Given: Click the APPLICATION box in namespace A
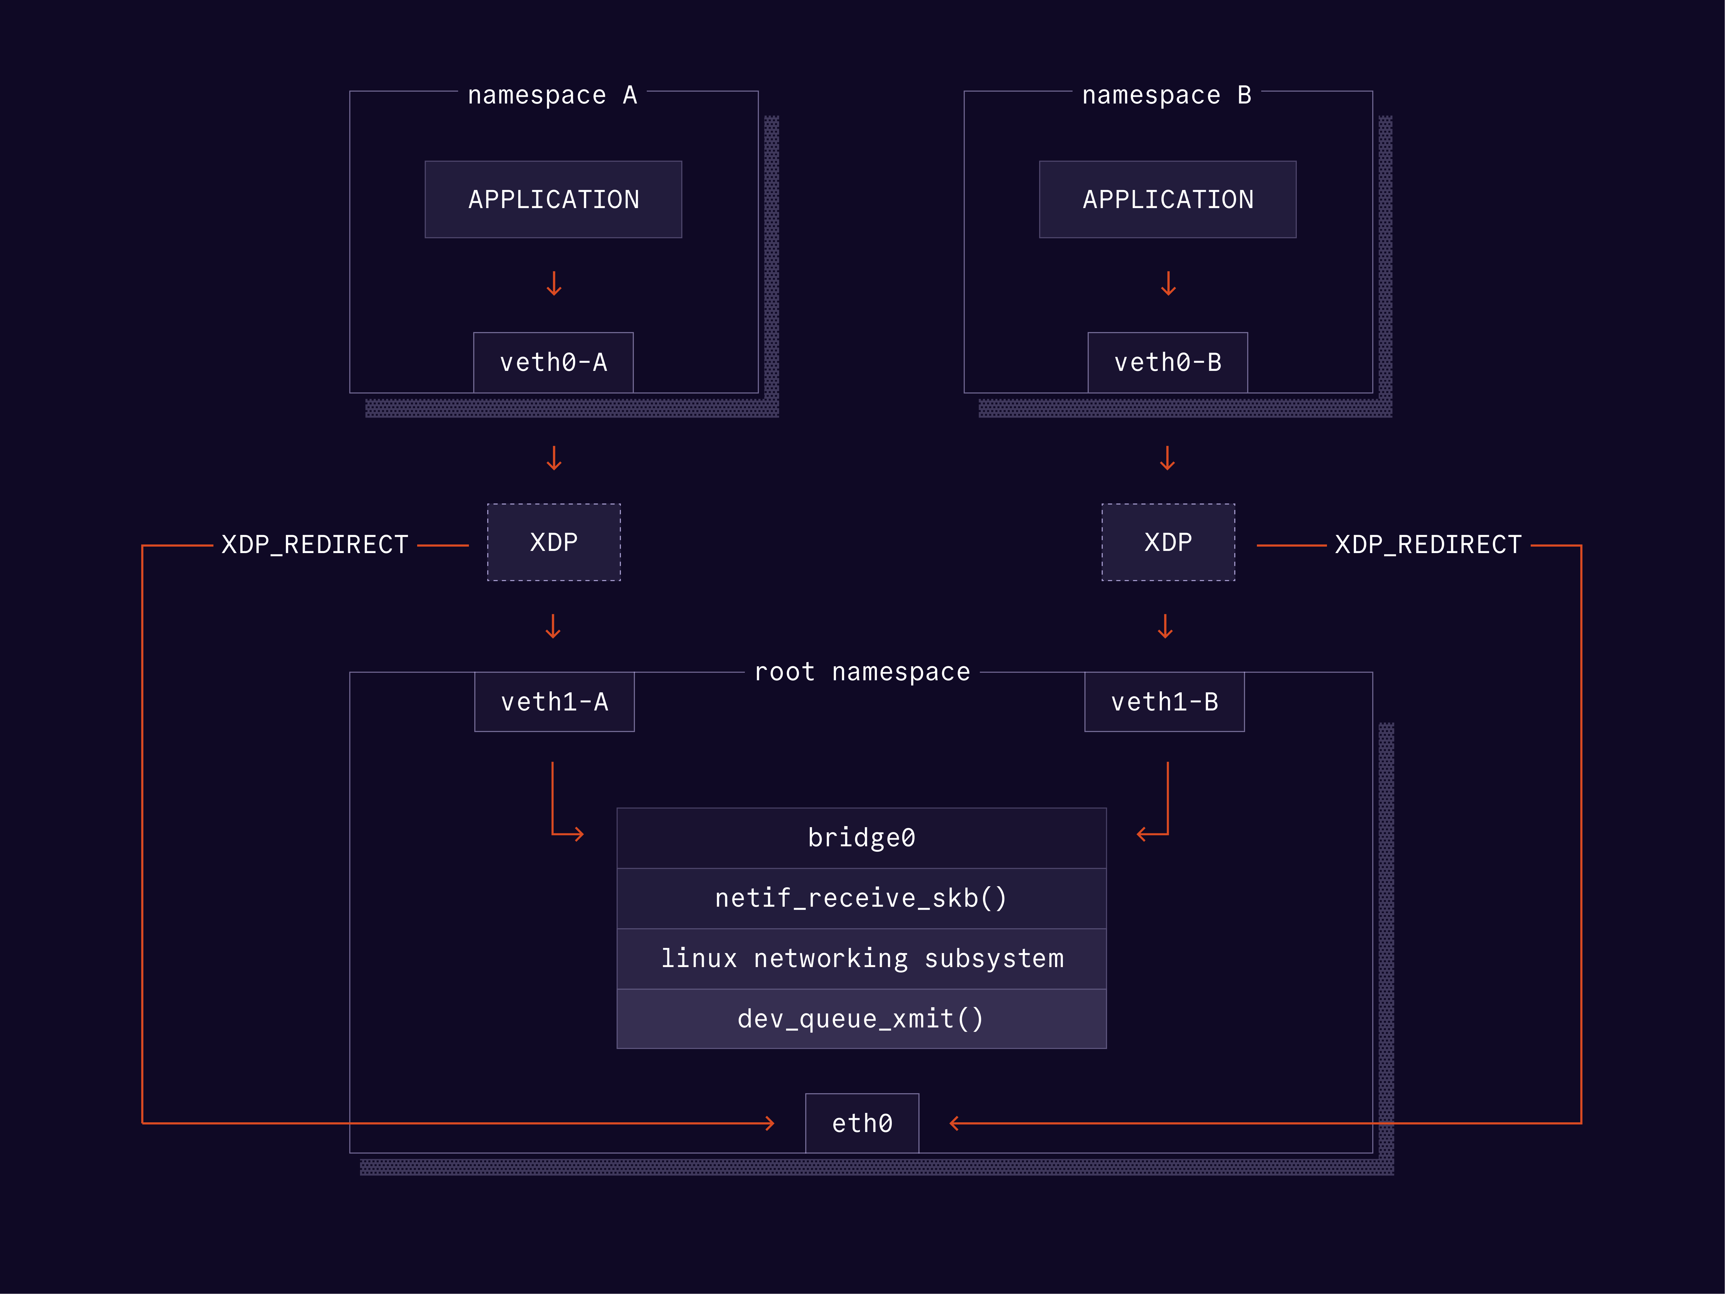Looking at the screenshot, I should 553,200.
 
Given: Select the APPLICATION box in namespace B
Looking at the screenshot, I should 1167,200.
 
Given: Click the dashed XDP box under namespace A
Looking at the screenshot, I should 554,542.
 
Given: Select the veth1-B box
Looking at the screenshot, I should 1164,702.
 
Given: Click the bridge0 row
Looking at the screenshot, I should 861,838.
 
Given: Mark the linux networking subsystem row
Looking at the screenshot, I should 861,959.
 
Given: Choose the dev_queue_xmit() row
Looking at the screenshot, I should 861,1019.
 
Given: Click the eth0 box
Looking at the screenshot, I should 862,1123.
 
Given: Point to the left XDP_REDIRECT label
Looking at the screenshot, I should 315,544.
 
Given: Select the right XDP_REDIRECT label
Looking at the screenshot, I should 1428,544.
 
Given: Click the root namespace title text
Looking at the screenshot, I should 862,672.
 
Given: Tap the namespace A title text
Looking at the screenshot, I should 552,95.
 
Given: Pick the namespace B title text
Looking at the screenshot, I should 1167,95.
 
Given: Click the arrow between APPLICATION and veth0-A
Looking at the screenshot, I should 554,284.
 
